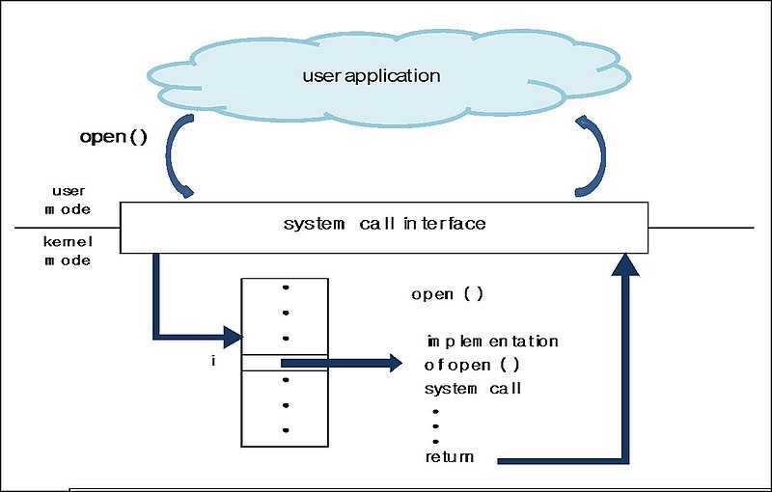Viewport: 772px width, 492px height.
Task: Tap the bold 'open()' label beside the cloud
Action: pyautogui.click(x=113, y=136)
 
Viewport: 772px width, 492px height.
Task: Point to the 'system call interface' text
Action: pyautogui.click(x=384, y=224)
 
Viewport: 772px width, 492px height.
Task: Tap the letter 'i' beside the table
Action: pyautogui.click(x=212, y=362)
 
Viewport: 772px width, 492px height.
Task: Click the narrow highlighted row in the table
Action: pyautogui.click(x=284, y=363)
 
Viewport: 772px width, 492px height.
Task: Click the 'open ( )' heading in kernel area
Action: pyautogui.click(x=447, y=294)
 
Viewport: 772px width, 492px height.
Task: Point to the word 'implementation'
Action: pyautogui.click(x=492, y=342)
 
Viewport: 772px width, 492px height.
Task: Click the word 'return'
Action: pyautogui.click(x=450, y=456)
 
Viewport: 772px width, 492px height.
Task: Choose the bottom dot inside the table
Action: pyautogui.click(x=284, y=430)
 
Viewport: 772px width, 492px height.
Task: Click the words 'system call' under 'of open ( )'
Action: pyautogui.click(x=473, y=389)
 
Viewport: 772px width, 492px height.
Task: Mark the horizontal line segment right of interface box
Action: pyautogui.click(x=701, y=229)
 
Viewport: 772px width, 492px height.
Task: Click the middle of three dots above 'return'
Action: pyautogui.click(x=435, y=425)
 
